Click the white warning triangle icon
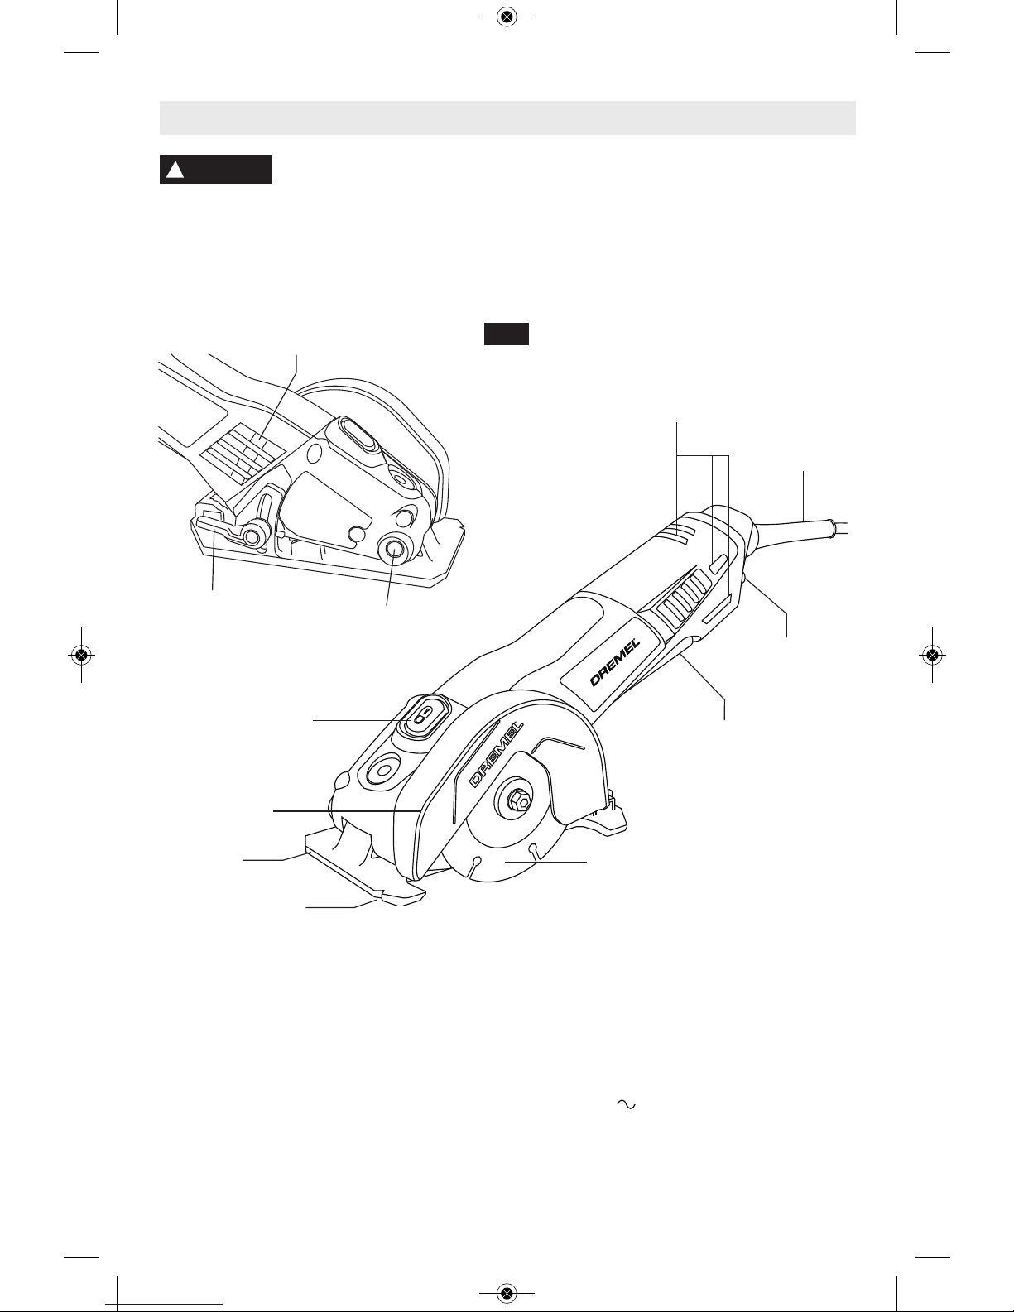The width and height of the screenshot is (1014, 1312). coord(175,171)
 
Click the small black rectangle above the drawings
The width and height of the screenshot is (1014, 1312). coord(507,334)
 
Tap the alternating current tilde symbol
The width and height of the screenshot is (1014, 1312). coord(627,1103)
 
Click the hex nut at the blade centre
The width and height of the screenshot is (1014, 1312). coord(518,801)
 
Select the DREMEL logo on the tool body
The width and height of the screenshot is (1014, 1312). coord(615,663)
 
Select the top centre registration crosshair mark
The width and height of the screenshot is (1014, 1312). coord(507,17)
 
